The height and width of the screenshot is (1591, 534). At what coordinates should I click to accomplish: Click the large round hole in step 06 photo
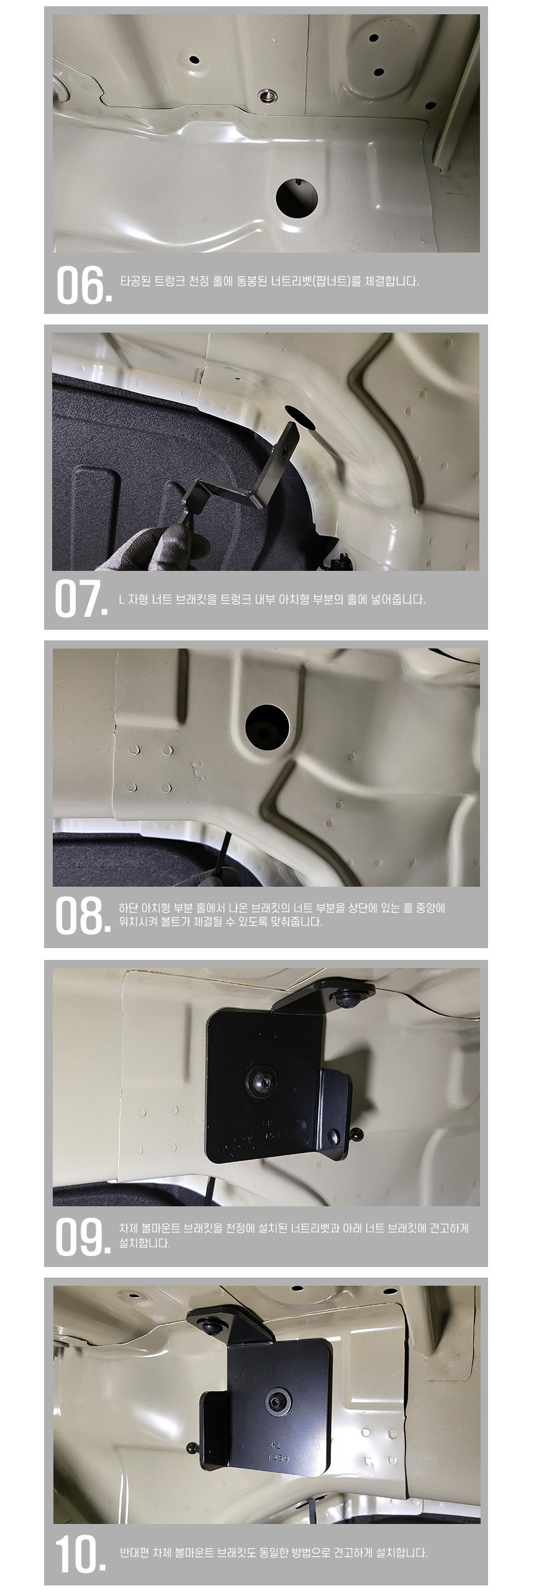point(297,196)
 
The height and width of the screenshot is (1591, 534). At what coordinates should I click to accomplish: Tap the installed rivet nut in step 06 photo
point(268,96)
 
